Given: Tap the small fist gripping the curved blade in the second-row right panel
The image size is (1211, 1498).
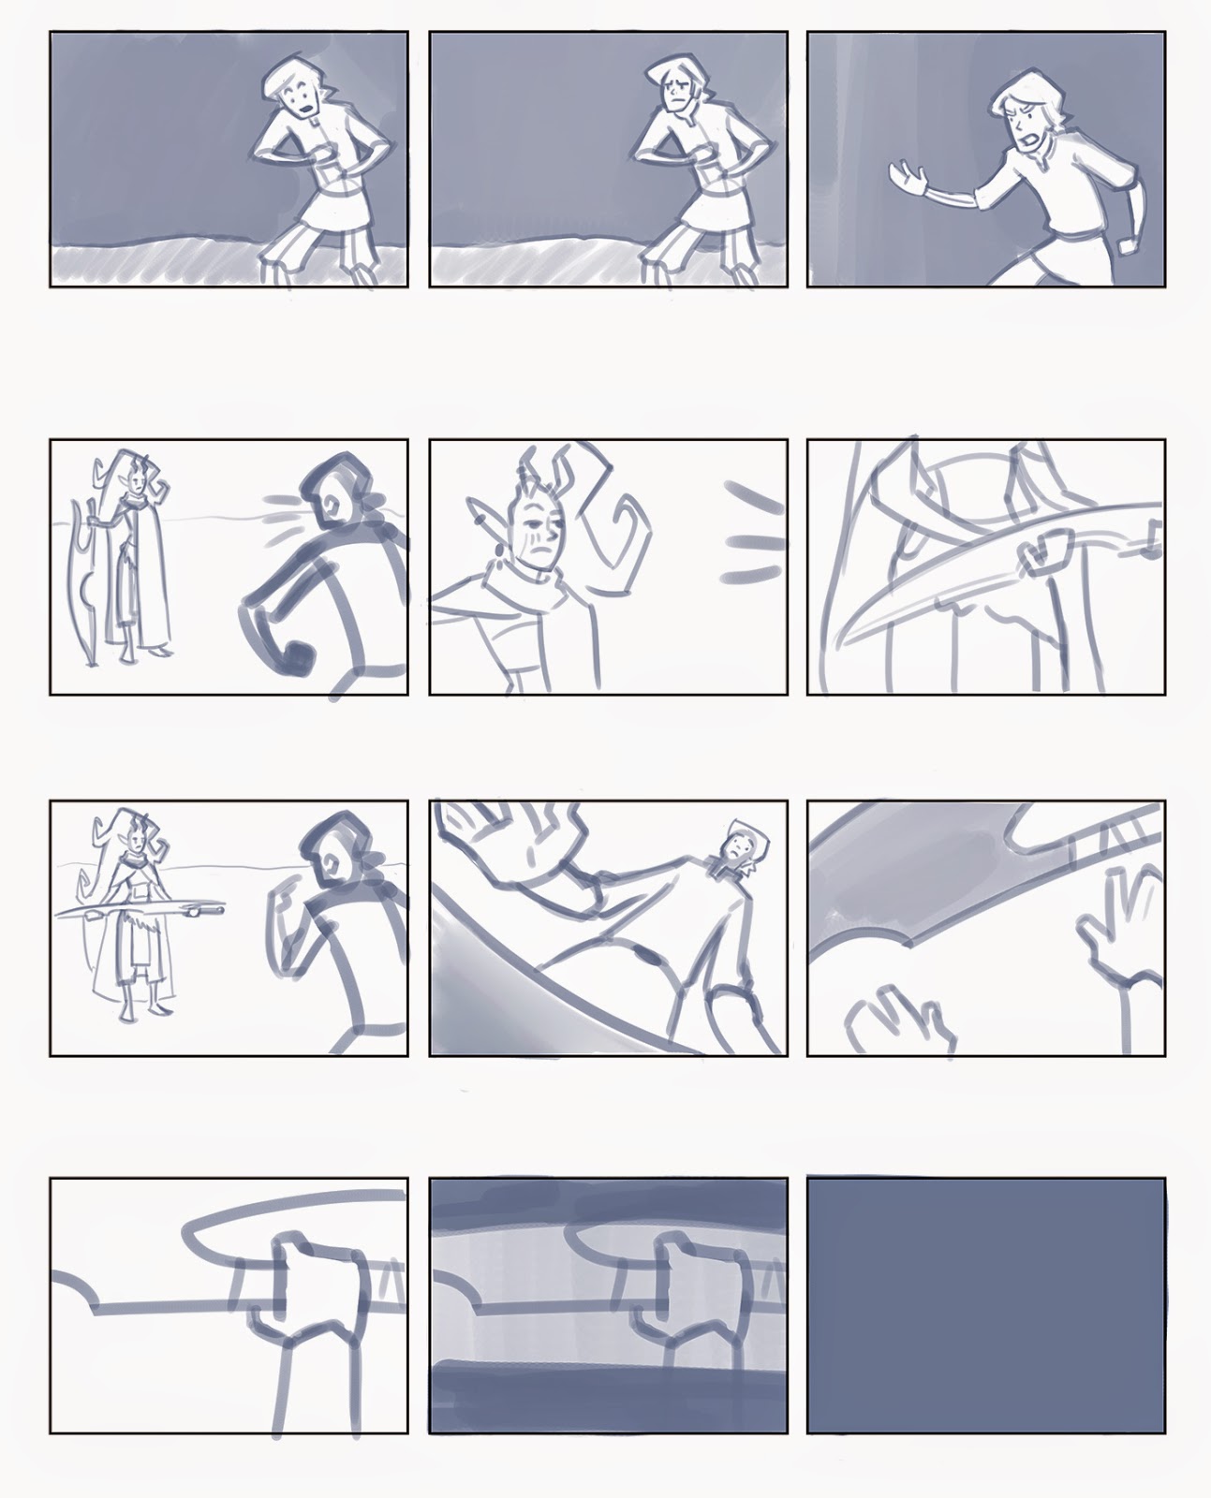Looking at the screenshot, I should coord(1043,555).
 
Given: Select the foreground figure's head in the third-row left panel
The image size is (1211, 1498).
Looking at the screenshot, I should coord(328,846).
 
